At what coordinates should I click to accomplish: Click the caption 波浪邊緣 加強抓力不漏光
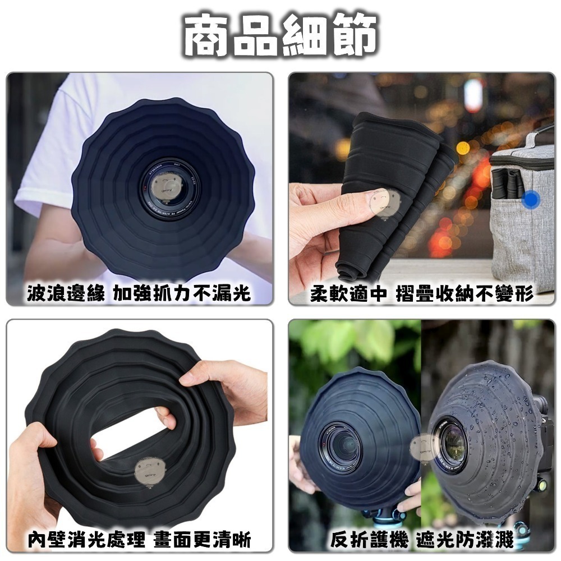[139, 293]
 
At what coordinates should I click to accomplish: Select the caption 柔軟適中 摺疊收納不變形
[421, 293]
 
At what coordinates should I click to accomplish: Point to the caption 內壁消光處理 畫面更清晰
[139, 540]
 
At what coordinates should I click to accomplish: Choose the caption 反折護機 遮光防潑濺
[421, 540]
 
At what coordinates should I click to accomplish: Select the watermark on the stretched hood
[149, 471]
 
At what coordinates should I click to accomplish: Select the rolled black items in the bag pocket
[507, 182]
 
